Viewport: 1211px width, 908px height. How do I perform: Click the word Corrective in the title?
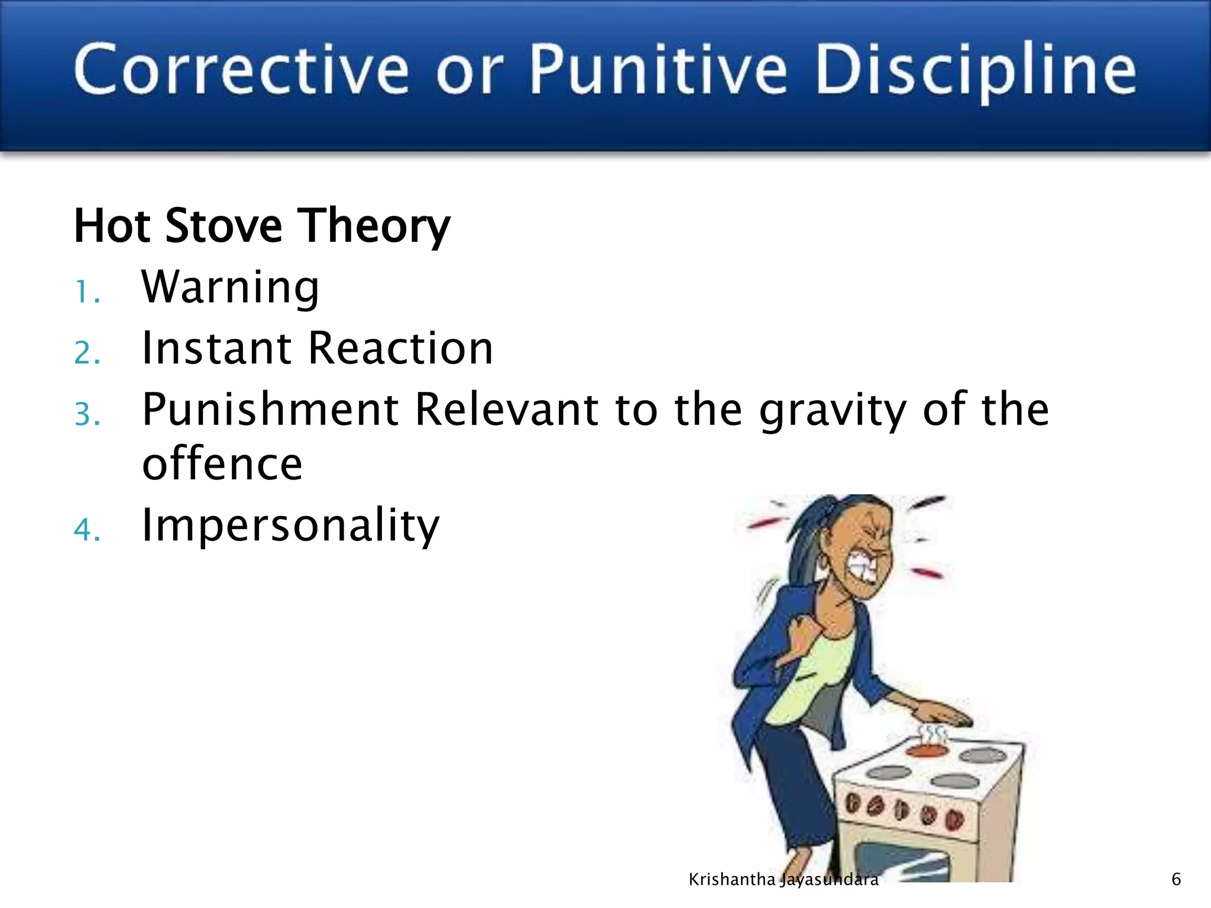pyautogui.click(x=241, y=69)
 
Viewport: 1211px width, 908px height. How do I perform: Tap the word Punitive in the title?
pyautogui.click(x=658, y=69)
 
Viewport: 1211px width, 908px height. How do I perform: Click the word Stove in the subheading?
pyautogui.click(x=224, y=226)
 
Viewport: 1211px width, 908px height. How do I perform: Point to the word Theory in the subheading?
pyautogui.click(x=374, y=227)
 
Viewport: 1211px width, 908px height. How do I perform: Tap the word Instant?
pyautogui.click(x=216, y=348)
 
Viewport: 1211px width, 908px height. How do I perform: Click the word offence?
pyautogui.click(x=222, y=464)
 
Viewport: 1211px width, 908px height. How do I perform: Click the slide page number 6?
pyautogui.click(x=1176, y=880)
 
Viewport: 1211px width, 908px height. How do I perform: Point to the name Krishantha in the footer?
pyautogui.click(x=731, y=880)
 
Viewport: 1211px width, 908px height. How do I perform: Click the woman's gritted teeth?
pyautogui.click(x=863, y=568)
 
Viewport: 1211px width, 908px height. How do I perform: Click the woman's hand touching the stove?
pyautogui.click(x=940, y=712)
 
